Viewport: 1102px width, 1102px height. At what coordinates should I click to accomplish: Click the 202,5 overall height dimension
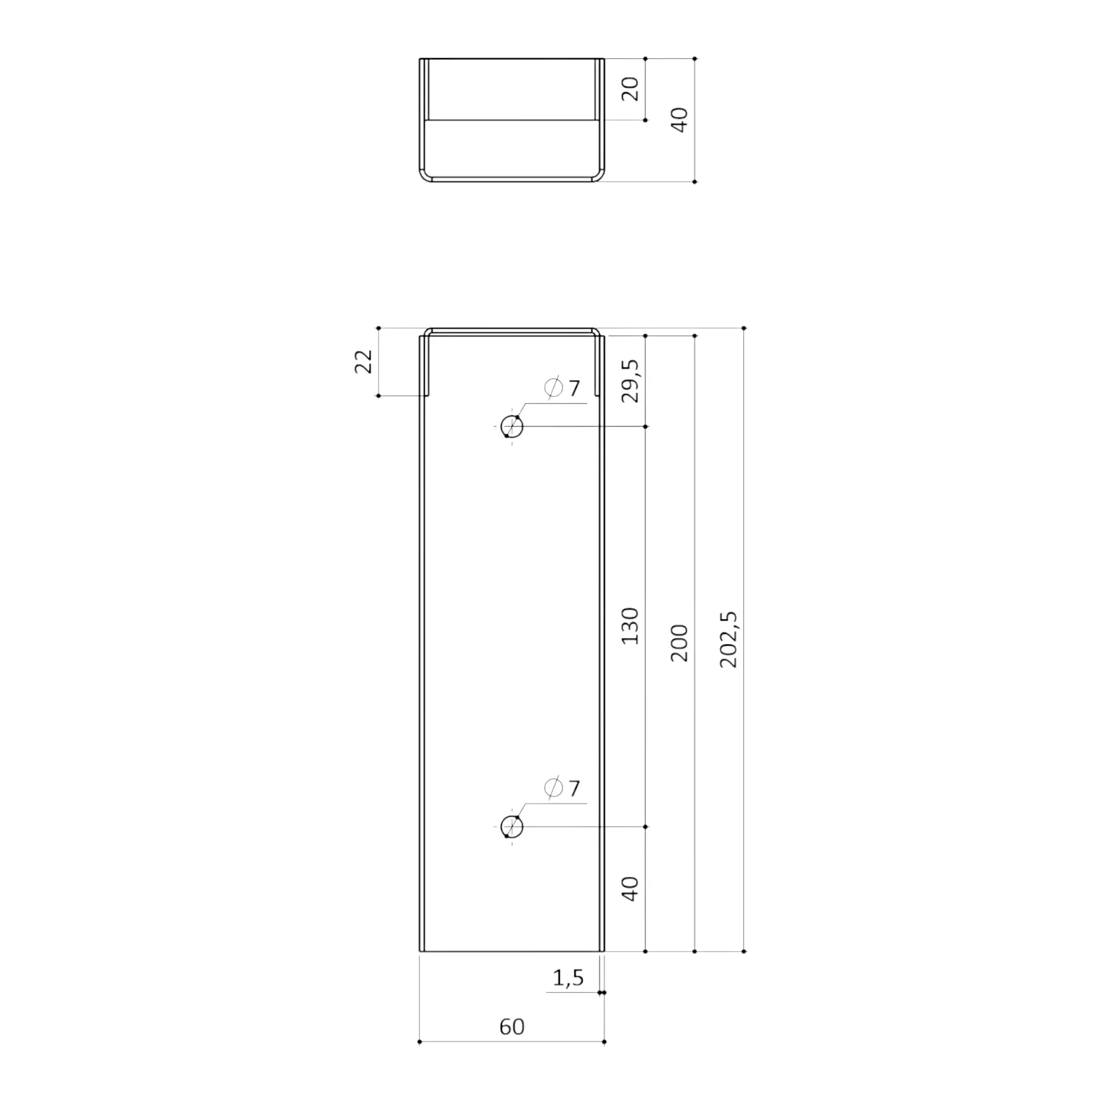click(x=729, y=639)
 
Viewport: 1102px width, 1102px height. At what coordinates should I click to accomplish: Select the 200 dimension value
click(x=679, y=643)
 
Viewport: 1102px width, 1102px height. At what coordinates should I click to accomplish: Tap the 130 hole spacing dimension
click(x=630, y=626)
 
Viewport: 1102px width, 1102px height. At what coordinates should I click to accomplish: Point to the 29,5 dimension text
click(x=630, y=381)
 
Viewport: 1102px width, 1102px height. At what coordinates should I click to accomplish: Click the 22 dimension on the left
click(x=363, y=361)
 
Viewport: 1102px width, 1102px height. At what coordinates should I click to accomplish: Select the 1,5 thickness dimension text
click(x=568, y=977)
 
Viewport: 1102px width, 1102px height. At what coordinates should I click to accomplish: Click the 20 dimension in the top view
click(x=630, y=89)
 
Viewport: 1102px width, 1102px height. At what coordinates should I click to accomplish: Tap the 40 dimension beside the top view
click(x=679, y=120)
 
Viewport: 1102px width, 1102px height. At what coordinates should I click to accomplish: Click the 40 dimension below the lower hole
click(x=630, y=889)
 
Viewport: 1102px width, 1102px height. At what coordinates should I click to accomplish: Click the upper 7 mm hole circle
click(x=512, y=426)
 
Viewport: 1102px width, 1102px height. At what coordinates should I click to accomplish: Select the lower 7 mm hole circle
click(x=512, y=827)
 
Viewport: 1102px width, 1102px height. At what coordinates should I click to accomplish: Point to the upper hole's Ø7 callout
click(x=563, y=388)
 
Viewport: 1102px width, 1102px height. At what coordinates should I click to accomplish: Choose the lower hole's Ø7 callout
click(x=563, y=788)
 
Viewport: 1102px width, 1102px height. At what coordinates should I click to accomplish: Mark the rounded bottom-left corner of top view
click(x=425, y=176)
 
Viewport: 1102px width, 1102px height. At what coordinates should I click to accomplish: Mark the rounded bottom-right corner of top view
click(x=598, y=176)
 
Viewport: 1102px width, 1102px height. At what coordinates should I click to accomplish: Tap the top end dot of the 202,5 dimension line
click(x=744, y=328)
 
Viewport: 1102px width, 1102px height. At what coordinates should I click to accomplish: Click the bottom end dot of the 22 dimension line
click(x=378, y=395)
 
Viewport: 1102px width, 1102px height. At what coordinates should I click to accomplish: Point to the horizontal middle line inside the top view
click(x=512, y=120)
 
